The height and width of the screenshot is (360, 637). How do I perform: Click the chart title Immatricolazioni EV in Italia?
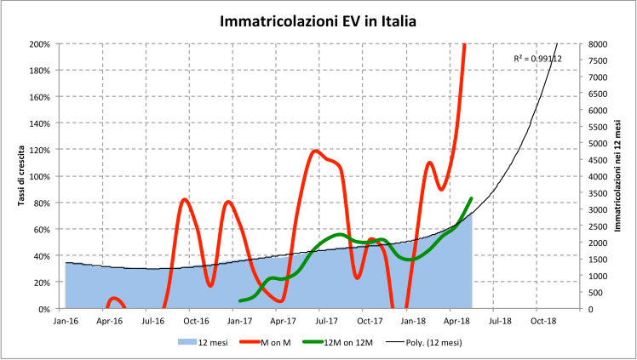click(318, 20)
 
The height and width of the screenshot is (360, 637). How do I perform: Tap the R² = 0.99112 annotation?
click(537, 58)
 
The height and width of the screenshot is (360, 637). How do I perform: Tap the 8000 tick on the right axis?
click(597, 43)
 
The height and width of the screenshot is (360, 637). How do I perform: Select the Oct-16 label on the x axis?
click(196, 322)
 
